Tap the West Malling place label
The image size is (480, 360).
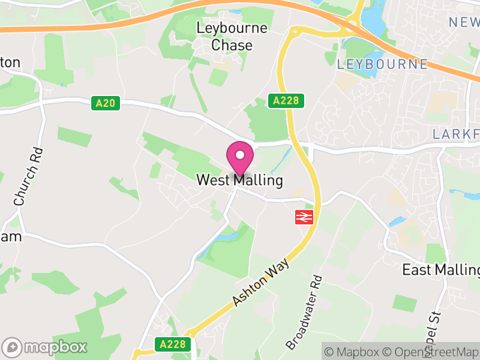(240, 180)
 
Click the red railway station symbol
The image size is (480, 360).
(305, 217)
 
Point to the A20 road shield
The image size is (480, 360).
(106, 103)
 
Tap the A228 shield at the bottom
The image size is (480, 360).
(175, 344)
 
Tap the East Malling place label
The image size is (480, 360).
(441, 269)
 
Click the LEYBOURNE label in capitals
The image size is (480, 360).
(382, 64)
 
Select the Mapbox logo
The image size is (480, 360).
(45, 347)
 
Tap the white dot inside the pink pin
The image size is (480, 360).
(240, 155)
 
